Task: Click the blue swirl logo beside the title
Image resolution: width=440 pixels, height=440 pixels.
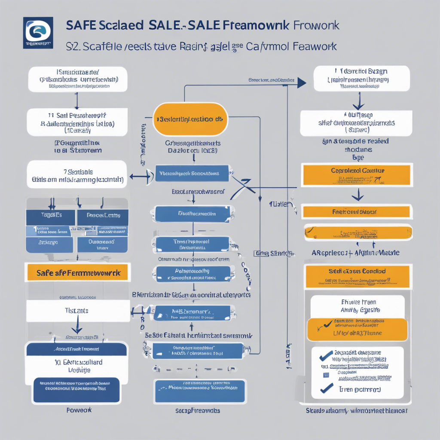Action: tap(38, 31)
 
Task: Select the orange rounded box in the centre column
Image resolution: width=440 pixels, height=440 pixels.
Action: tap(190, 119)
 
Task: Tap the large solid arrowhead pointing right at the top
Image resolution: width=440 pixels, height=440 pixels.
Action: tap(302, 83)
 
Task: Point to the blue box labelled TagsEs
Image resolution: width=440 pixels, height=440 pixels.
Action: tap(51, 215)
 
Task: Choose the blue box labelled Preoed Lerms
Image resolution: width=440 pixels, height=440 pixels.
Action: tap(103, 215)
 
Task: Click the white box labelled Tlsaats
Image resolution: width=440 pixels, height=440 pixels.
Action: tap(77, 310)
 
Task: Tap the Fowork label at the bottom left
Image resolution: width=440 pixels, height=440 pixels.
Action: tap(79, 410)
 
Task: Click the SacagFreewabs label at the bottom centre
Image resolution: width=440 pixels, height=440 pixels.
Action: tap(198, 411)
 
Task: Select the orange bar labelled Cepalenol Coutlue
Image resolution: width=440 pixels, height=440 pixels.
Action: tap(357, 171)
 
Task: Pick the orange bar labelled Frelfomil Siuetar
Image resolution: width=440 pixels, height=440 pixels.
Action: tap(357, 212)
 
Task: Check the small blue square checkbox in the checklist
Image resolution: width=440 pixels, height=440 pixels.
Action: tap(326, 375)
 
